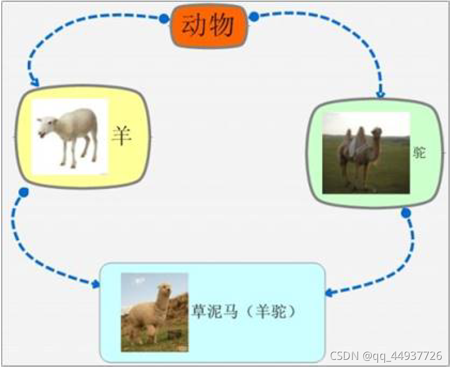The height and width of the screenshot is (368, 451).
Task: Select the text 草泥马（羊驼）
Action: point(244,311)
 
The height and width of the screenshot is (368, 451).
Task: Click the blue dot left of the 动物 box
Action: point(164,19)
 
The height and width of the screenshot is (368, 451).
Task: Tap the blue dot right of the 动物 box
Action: point(254,17)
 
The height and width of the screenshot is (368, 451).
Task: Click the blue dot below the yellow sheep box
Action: point(24,192)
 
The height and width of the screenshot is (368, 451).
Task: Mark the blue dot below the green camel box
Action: point(406,214)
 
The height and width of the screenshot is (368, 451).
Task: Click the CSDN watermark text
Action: point(386,356)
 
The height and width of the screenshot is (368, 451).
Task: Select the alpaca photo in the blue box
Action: point(154,312)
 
